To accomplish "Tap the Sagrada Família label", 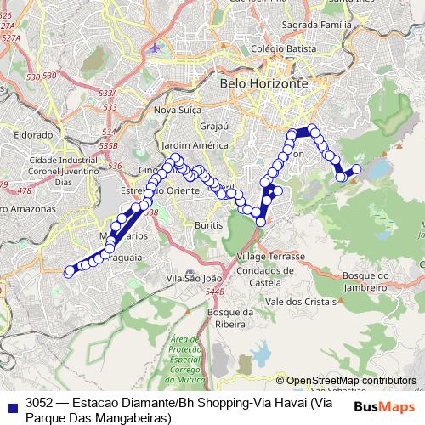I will tap(299, 26).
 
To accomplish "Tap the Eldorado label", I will tap(33, 134).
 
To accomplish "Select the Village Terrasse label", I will tap(266, 256).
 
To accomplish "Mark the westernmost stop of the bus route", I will tap(70, 272).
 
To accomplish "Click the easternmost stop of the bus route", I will tap(356, 169).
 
